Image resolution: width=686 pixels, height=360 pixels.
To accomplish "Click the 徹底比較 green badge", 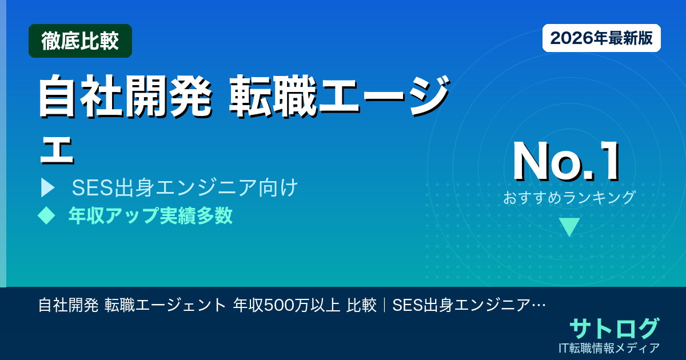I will coord(80,41).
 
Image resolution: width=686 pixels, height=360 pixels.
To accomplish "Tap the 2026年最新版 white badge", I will coord(601,38).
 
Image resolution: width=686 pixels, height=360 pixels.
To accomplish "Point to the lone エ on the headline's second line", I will coord(56,150).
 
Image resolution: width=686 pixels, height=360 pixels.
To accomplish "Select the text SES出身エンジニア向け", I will coord(184,188).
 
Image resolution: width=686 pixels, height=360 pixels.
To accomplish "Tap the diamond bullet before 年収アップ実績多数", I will coord(46,215).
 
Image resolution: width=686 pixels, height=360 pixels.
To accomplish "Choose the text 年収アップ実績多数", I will coord(150,215).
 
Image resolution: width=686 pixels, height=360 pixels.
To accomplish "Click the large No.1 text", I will coord(566,163).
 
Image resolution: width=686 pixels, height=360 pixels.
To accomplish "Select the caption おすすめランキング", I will coord(569,197).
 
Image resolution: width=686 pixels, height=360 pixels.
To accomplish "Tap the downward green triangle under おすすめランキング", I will coord(569,227).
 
